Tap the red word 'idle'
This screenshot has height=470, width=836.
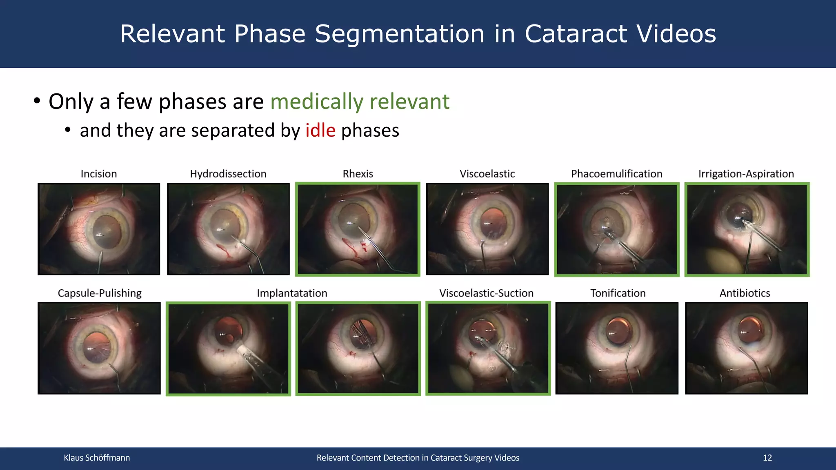coord(320,131)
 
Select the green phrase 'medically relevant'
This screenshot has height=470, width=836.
coord(360,101)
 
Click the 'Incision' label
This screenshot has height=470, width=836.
coord(99,174)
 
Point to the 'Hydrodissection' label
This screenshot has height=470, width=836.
coord(228,174)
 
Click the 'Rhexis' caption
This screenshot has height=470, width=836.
coord(358,174)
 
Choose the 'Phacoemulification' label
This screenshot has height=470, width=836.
coord(616,174)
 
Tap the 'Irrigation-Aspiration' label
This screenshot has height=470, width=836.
coord(746,174)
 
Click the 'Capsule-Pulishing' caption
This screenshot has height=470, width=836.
coord(99,293)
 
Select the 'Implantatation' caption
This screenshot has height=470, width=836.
coord(292,293)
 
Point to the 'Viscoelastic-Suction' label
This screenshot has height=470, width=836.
coord(486,293)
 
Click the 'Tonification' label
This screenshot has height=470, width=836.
coord(618,293)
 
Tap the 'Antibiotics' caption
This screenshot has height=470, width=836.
coord(745,293)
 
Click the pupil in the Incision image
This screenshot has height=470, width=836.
coord(107,232)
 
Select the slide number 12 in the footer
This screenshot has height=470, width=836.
coord(767,458)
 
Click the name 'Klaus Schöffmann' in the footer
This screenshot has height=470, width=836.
coord(97,458)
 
